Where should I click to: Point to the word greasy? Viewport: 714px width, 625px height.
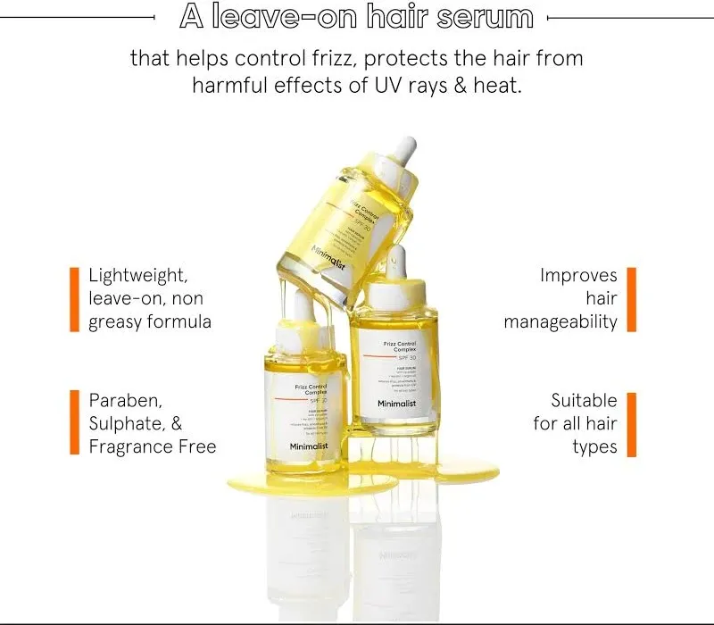click(118, 322)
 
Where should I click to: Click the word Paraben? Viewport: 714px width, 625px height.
click(127, 400)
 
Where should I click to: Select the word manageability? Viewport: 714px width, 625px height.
click(560, 322)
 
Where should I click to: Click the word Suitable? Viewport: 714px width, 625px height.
click(584, 400)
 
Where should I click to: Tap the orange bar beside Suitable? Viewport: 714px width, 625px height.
click(631, 423)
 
